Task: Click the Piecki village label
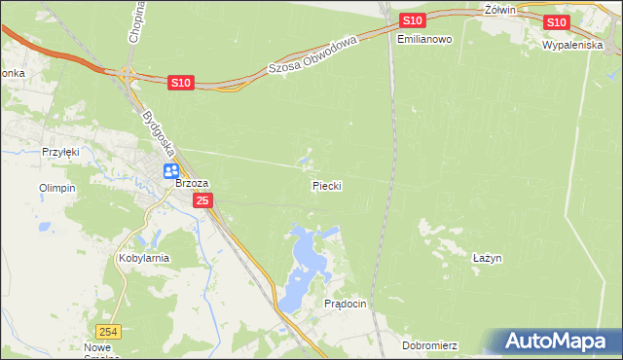click(327, 185)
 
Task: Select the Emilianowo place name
click(425, 40)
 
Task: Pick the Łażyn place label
click(487, 258)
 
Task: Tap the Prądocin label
click(345, 304)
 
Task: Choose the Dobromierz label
click(429, 345)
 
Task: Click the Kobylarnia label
click(143, 259)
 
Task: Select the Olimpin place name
click(56, 188)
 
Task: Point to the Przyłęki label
click(58, 152)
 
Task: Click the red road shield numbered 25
click(202, 200)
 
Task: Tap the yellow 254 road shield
click(111, 332)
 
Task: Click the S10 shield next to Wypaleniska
click(556, 22)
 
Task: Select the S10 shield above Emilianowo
click(412, 20)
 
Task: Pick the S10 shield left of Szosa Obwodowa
click(180, 84)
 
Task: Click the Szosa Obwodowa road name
click(313, 54)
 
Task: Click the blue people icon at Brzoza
click(171, 170)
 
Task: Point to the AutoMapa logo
click(556, 342)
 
